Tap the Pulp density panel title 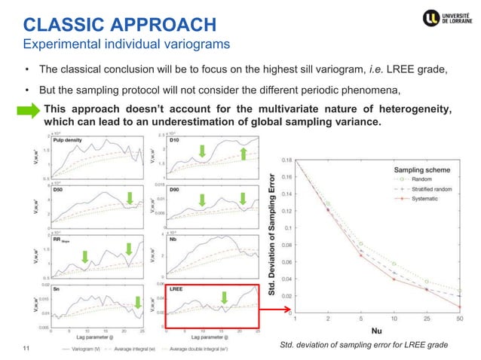(67, 140)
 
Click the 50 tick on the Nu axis (459, 319)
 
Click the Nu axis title (377, 330)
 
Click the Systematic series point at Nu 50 (459, 307)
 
